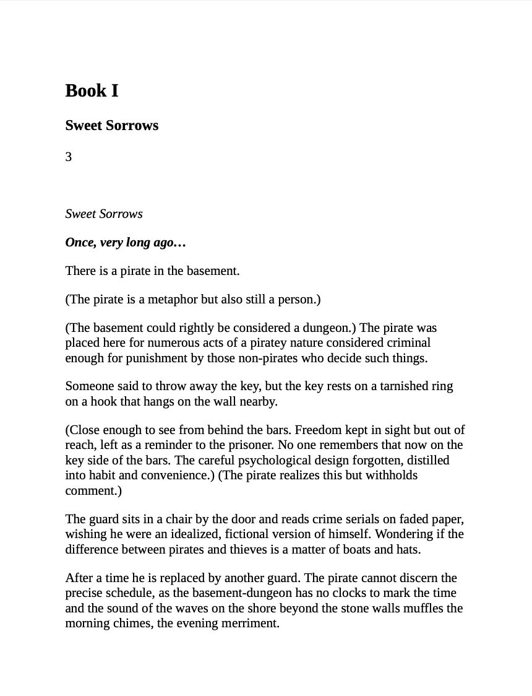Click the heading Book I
[x=92, y=91]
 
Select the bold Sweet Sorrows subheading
[x=112, y=126]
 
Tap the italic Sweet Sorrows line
[x=104, y=214]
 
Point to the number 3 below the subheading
[x=69, y=157]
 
